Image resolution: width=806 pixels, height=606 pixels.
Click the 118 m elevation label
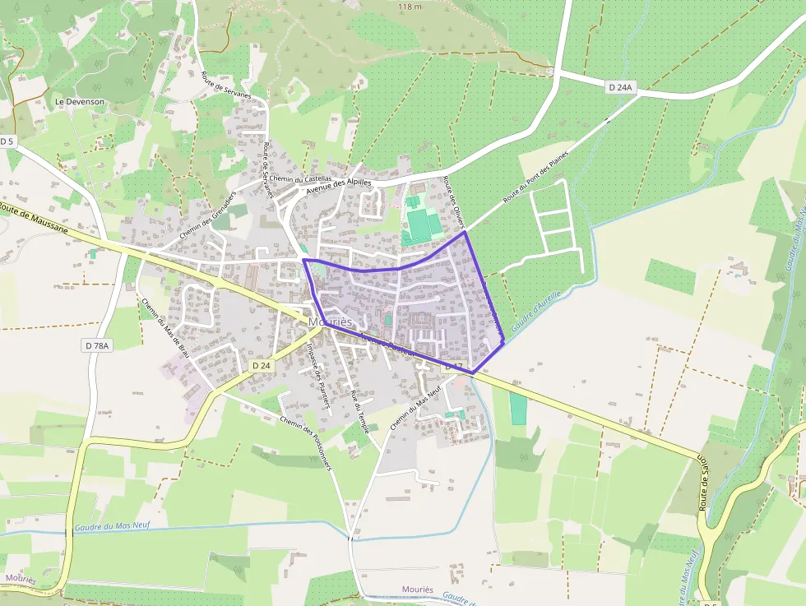(x=409, y=7)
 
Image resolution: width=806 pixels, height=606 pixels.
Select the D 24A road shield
(x=623, y=86)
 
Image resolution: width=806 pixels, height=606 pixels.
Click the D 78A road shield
(x=96, y=346)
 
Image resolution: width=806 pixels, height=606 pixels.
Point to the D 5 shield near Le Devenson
(x=7, y=141)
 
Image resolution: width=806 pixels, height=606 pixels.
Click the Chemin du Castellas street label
(x=301, y=179)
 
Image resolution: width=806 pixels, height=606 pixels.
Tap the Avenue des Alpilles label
(x=339, y=187)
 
